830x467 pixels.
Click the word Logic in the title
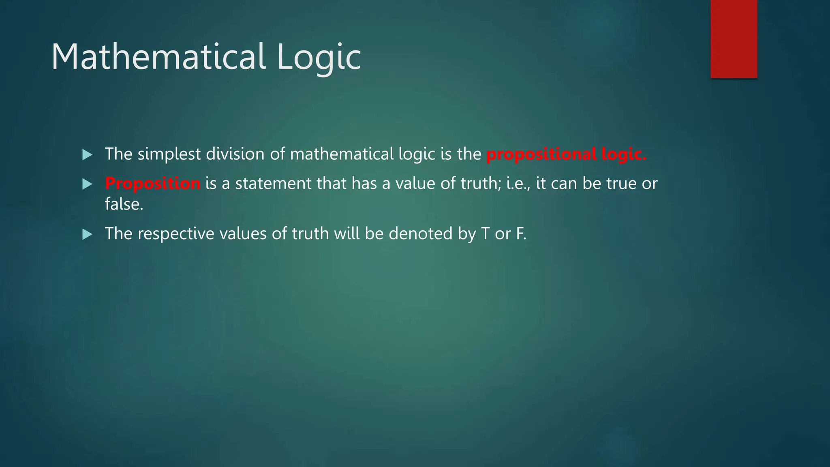coord(319,58)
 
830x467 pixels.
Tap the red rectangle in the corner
coord(734,39)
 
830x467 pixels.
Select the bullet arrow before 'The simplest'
coord(87,154)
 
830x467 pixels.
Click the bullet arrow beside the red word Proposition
coord(87,184)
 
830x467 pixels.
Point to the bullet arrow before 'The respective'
coord(87,234)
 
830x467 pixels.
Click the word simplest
coord(169,154)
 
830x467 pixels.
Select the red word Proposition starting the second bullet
coord(152,184)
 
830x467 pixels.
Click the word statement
coord(273,184)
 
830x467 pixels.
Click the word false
coord(124,204)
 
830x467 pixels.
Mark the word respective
coord(176,234)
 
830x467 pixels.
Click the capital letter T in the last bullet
coord(485,233)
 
